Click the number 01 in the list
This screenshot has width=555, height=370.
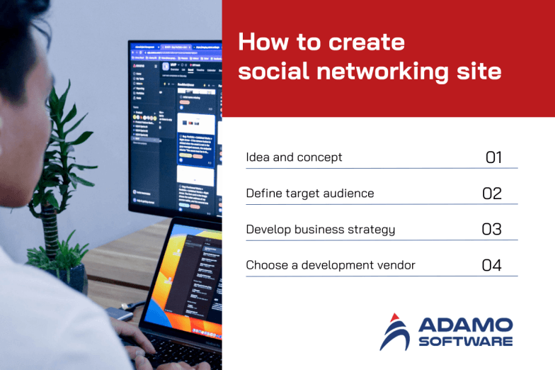[x=493, y=157]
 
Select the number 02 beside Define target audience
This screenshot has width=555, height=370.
[x=492, y=194]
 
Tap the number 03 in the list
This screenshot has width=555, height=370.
[x=492, y=230]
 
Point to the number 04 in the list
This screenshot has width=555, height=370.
[x=492, y=266]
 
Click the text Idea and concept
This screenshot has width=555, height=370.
[x=294, y=157]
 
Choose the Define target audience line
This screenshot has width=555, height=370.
[x=309, y=194]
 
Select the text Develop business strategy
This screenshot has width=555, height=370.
[x=320, y=230]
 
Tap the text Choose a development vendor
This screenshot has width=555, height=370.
[x=330, y=266]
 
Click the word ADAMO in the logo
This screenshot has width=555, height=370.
[x=465, y=325]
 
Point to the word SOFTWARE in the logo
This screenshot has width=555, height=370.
[x=465, y=342]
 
